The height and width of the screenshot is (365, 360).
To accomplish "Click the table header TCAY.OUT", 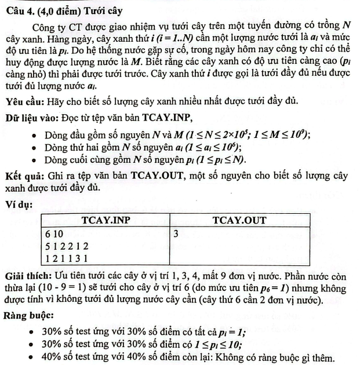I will pos(239,220).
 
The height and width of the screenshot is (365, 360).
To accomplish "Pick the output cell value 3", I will pos(176,233).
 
